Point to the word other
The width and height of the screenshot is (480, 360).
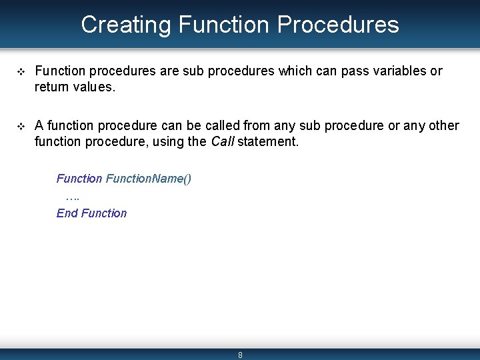click(442, 125)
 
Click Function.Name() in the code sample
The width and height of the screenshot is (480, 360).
click(149, 179)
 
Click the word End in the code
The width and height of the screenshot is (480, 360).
click(67, 213)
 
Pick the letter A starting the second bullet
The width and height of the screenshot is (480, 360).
click(39, 125)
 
